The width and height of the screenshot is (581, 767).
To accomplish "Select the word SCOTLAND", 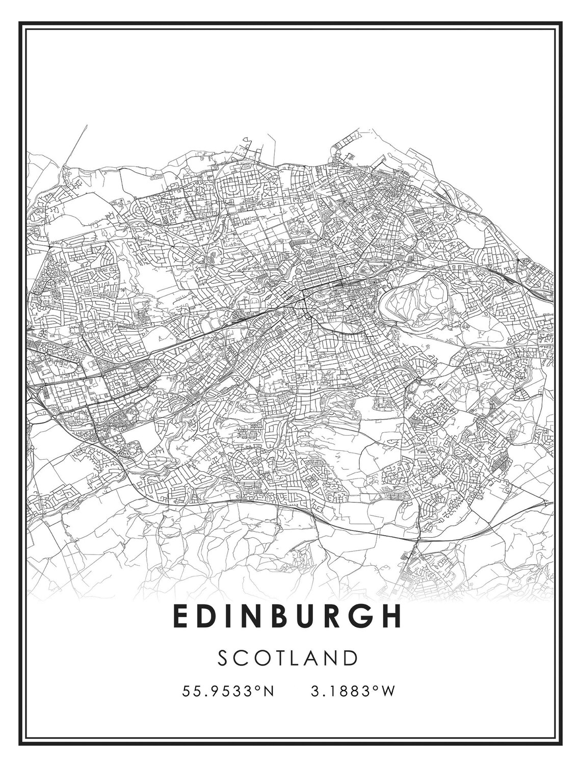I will pyautogui.click(x=288, y=658).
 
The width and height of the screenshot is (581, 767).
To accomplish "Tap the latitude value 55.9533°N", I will pyautogui.click(x=228, y=692).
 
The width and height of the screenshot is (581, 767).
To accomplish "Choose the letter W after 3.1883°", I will pyautogui.click(x=388, y=692).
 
